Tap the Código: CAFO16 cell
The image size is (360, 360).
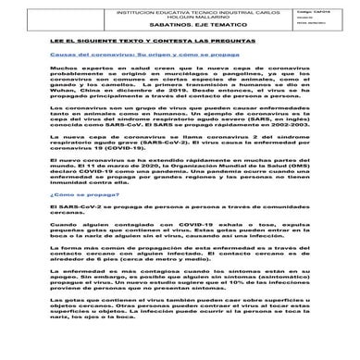(316, 11)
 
